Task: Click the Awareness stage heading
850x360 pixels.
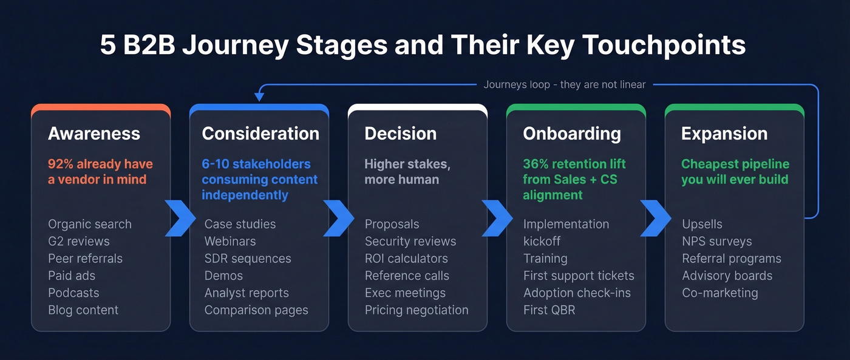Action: point(93,134)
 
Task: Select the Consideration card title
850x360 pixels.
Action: point(260,134)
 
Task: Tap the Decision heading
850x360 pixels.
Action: point(400,134)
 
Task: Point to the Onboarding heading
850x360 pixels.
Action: point(571,134)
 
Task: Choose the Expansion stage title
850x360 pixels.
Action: point(724,134)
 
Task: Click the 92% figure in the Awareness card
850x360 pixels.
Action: point(61,164)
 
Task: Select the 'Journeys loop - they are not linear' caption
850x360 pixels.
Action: point(564,84)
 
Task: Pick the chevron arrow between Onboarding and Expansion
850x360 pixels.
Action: point(655,218)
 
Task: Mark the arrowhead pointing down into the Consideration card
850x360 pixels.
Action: point(259,96)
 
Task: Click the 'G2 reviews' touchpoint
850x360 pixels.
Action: point(78,241)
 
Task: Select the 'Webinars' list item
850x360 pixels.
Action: point(229,241)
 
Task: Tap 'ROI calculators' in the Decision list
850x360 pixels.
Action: point(406,258)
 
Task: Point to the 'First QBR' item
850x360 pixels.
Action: point(549,310)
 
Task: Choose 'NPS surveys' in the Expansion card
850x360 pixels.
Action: point(716,241)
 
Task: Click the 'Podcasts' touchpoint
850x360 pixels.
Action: point(73,293)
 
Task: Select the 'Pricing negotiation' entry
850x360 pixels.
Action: point(416,310)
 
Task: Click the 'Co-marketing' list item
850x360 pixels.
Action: point(719,293)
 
